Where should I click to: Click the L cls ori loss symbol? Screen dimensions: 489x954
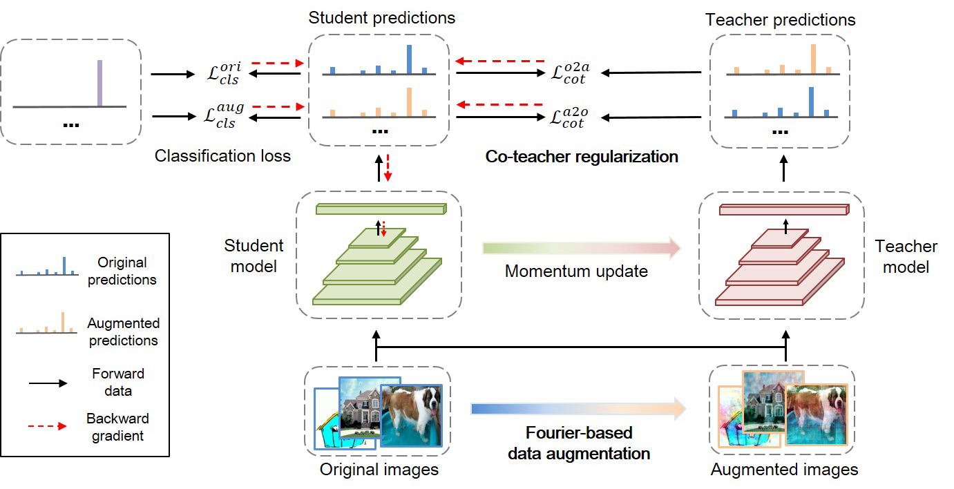click(x=225, y=73)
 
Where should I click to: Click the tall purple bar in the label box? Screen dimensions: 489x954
click(x=99, y=83)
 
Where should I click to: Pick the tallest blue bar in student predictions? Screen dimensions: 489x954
click(x=409, y=59)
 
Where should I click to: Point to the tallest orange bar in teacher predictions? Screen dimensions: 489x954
click(x=813, y=58)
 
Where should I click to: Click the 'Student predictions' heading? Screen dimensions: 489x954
click(x=382, y=17)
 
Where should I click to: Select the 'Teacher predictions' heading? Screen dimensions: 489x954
click(x=780, y=19)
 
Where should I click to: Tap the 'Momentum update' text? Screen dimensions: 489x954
click(x=576, y=271)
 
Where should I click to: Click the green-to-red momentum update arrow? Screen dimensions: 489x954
click(x=580, y=248)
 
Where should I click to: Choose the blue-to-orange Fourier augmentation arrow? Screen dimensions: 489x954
click(x=578, y=410)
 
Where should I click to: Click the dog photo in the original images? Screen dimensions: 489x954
click(x=411, y=415)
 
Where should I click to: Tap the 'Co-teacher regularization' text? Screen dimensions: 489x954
click(x=581, y=157)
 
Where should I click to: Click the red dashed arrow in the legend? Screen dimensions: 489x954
click(x=42, y=426)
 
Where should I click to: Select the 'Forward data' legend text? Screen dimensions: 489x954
click(x=117, y=381)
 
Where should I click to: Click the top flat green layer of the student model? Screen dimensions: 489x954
click(x=381, y=209)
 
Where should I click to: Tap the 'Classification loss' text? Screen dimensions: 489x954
click(x=222, y=156)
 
